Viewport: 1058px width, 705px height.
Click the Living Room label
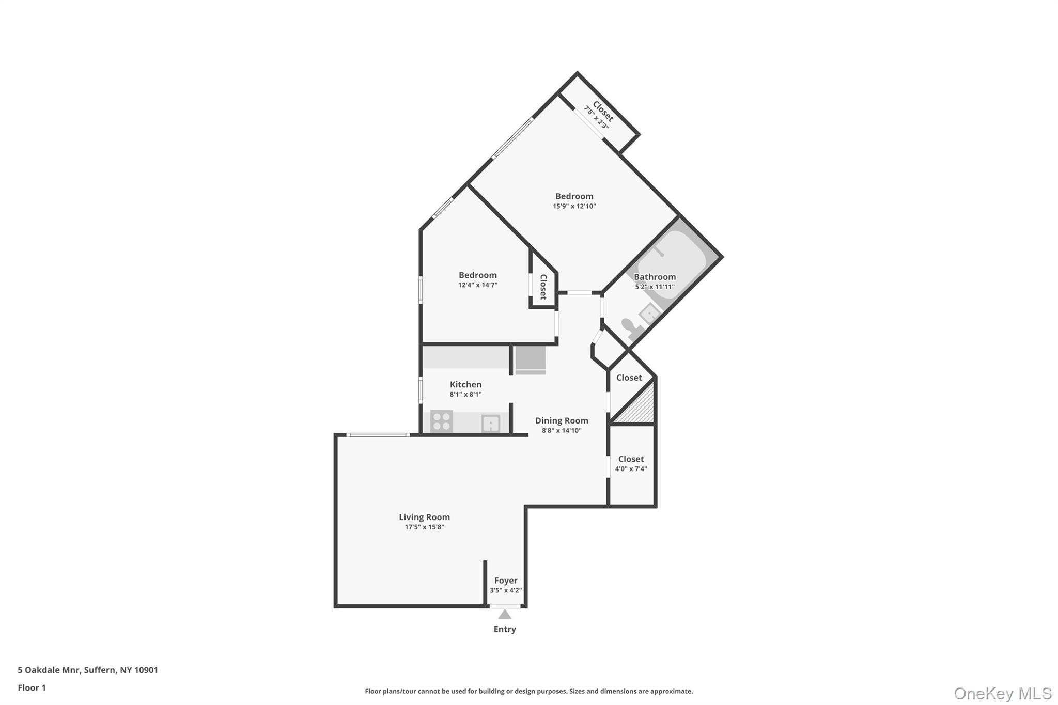point(424,517)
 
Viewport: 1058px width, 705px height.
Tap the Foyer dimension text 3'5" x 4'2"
point(506,590)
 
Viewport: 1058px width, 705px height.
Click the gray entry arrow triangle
point(505,615)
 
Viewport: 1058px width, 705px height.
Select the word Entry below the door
point(505,629)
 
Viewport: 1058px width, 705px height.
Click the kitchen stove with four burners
point(441,421)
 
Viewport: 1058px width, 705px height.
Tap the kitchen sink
point(490,424)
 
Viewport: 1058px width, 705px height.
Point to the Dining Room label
point(562,420)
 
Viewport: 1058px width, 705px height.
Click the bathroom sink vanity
point(648,312)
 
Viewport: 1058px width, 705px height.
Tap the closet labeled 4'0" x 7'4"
point(631,464)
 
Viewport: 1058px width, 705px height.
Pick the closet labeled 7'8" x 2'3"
point(599,115)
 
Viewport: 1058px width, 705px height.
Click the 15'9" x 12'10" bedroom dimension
point(574,206)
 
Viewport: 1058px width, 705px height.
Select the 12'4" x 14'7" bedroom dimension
point(478,285)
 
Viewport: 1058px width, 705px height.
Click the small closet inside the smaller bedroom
point(543,287)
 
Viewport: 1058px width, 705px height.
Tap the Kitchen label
point(465,384)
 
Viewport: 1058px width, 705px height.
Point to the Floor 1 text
point(32,688)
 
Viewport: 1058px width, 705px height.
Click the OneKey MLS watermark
point(1002,693)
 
